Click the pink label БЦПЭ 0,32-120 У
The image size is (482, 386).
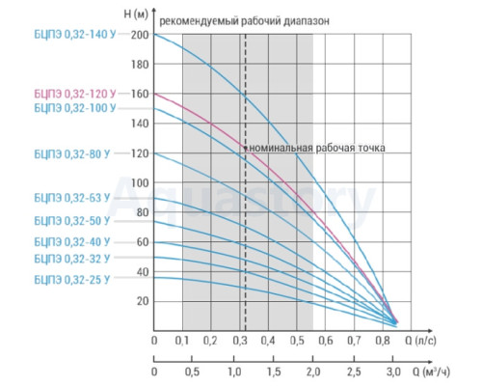(x=75, y=94)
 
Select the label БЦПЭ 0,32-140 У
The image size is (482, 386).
(x=75, y=35)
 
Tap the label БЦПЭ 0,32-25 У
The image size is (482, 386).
(x=72, y=280)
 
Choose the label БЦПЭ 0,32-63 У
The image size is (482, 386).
(x=72, y=198)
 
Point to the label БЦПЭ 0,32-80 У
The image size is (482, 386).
(x=72, y=154)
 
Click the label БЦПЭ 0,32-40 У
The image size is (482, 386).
(x=72, y=242)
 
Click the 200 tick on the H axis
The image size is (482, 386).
(x=140, y=35)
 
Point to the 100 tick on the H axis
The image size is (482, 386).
(x=140, y=182)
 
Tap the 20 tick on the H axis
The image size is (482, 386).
(x=143, y=301)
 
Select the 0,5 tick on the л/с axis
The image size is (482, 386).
(x=297, y=341)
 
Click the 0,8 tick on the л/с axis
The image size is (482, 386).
(x=383, y=341)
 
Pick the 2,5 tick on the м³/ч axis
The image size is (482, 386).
(x=354, y=372)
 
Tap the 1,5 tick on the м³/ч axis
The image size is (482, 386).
(x=274, y=372)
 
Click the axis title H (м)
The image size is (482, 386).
(x=136, y=14)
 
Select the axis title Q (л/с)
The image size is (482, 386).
(x=420, y=341)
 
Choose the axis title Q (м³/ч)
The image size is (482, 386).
(x=431, y=372)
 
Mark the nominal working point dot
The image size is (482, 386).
(x=245, y=148)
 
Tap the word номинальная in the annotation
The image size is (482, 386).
(x=281, y=148)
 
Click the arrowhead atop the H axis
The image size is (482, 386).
(x=154, y=11)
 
